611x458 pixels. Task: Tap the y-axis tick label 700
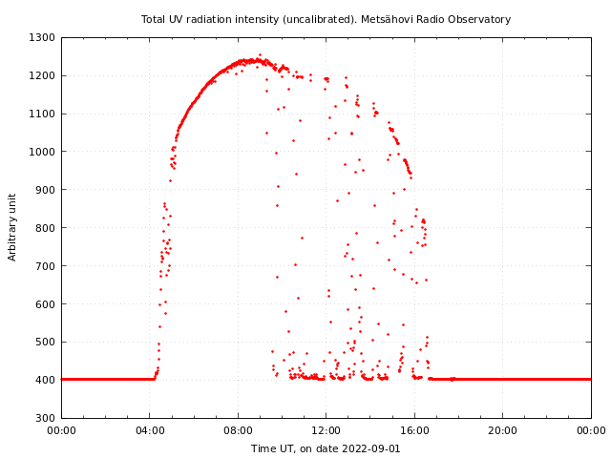(46, 266)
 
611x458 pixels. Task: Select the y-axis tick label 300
(46, 418)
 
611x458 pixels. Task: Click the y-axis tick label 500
(46, 342)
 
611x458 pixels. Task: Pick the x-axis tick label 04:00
(150, 431)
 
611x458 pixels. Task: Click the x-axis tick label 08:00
(238, 431)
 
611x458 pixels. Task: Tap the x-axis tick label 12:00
(327, 431)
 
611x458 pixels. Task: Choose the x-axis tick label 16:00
(414, 431)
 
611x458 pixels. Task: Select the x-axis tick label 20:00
(503, 431)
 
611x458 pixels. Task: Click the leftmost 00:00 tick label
(62, 431)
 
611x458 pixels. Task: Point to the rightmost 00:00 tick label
(591, 431)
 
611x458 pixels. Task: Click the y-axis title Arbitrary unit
(13, 227)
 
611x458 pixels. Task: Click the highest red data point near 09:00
(260, 54)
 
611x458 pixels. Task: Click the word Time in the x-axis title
(263, 448)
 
